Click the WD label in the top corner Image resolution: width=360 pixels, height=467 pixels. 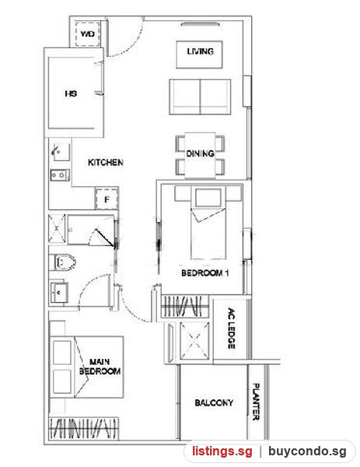point(87,34)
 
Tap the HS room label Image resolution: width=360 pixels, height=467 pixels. point(71,93)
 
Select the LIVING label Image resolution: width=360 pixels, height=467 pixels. point(201,51)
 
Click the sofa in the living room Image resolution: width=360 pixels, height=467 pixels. point(201,97)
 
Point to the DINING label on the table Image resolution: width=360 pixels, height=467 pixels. point(201,153)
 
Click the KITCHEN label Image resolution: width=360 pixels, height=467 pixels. point(106,163)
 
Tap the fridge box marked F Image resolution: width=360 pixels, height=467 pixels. point(107,199)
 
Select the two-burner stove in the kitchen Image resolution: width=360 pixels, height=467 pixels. point(60,175)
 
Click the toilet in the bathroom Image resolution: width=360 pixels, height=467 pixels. point(65,262)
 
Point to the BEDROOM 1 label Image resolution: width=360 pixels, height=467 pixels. point(205,273)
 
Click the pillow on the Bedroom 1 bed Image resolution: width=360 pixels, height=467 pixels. point(208,198)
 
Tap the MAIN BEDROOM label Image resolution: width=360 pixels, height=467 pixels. point(100,367)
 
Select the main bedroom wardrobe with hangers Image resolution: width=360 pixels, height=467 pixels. point(84,428)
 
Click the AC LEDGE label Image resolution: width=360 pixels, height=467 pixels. point(231,328)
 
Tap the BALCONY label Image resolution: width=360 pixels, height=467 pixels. point(214,402)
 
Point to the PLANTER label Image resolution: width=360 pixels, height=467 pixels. point(256,402)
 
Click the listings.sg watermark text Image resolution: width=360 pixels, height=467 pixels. point(222,451)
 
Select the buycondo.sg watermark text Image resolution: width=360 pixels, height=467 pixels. point(307,451)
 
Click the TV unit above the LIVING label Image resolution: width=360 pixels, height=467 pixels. point(201,24)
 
